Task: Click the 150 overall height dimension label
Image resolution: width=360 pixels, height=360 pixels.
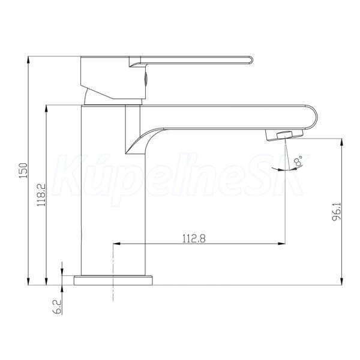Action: pyautogui.click(x=23, y=170)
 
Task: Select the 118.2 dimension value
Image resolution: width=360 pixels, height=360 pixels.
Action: pyautogui.click(x=41, y=195)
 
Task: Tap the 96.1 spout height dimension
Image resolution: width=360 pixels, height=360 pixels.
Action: pyautogui.click(x=337, y=212)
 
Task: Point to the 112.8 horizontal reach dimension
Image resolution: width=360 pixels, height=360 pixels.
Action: pyautogui.click(x=194, y=239)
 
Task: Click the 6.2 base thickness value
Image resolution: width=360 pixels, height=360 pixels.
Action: pyautogui.click(x=57, y=307)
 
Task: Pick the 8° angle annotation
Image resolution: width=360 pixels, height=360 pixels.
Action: pyautogui.click(x=298, y=160)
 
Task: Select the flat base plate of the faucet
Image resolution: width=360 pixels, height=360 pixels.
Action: pyautogui.click(x=113, y=280)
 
